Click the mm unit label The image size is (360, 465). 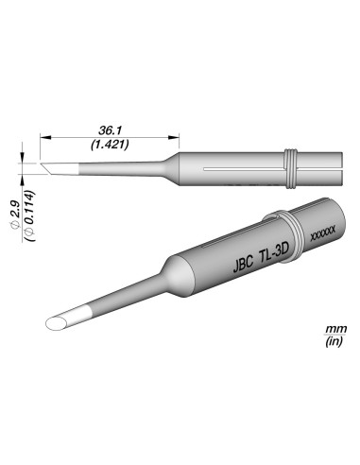[334, 329]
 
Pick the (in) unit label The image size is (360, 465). [334, 342]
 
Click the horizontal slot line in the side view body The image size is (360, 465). [246, 171]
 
